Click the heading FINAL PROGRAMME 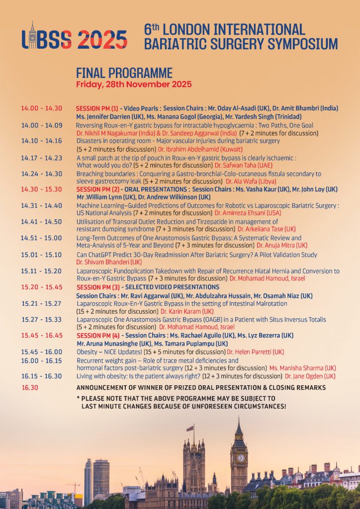pyautogui.click(x=124, y=73)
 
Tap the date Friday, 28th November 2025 pyautogui.click(x=134, y=85)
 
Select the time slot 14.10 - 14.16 pyautogui.click(x=42, y=141)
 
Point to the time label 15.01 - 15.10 pyautogui.click(x=41, y=255)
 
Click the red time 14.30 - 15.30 pyautogui.click(x=42, y=189)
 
